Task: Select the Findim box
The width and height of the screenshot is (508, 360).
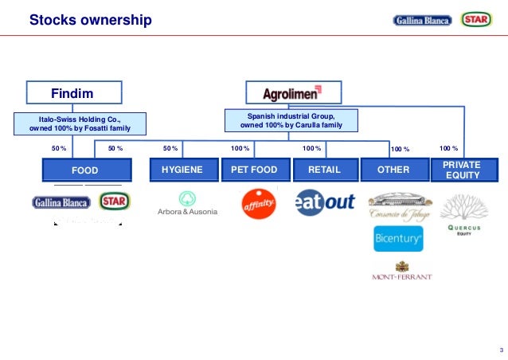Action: coord(72,94)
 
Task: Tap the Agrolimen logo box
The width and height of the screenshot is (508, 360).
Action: coord(291,94)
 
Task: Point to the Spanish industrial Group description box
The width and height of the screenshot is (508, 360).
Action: coord(291,120)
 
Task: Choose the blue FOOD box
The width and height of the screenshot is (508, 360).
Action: coord(84,170)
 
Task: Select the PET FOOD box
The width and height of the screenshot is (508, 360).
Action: coord(253,170)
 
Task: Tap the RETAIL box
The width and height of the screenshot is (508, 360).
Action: coord(323,170)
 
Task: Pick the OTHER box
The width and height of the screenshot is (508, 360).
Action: coord(393,170)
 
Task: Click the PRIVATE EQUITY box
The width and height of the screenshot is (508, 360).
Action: coord(462,170)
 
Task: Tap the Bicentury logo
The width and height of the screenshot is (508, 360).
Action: coord(398,239)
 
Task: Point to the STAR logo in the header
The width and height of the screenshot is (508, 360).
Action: coord(475,20)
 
